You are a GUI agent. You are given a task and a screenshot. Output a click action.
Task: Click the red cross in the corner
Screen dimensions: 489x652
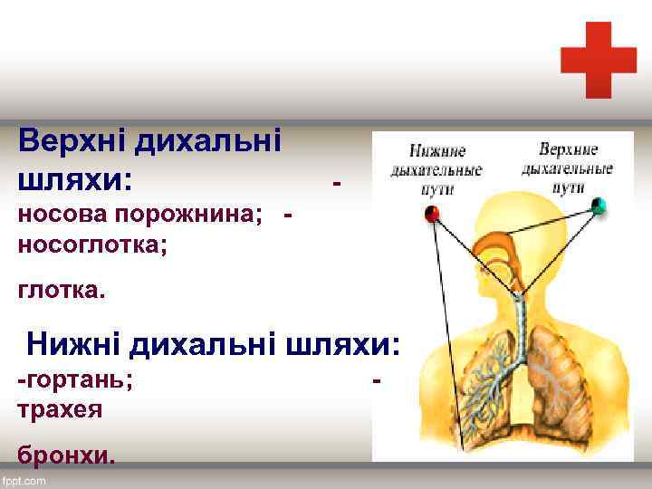point(598,60)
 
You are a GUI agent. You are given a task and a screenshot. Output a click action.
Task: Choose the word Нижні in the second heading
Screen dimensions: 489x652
point(73,345)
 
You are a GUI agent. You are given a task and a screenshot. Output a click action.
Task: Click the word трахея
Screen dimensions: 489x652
point(60,409)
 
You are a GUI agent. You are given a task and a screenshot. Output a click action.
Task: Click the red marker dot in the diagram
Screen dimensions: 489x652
point(432,214)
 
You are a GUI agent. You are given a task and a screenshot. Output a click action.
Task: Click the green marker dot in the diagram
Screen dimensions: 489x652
point(598,206)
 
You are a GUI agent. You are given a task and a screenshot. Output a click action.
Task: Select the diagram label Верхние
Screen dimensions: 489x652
point(568,148)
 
